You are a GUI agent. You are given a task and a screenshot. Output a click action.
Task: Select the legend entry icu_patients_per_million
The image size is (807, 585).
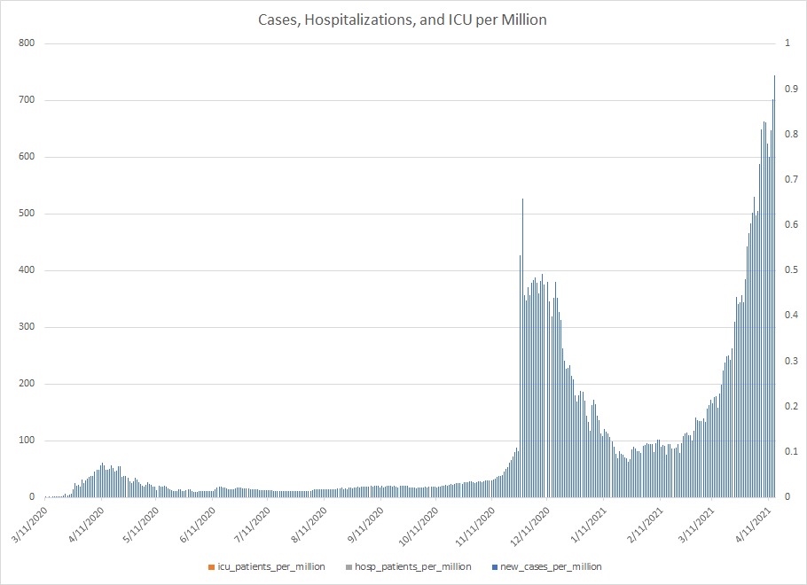point(270,566)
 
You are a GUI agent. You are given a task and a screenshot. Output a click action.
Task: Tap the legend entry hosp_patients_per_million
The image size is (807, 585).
point(410,566)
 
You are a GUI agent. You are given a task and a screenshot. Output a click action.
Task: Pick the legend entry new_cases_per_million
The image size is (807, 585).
point(551,566)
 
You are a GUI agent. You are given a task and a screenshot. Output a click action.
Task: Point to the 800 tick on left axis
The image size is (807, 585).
point(27,43)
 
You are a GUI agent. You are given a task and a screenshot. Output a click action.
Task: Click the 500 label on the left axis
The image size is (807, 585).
point(27,214)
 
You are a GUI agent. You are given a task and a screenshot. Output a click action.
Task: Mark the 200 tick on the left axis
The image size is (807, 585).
point(27,384)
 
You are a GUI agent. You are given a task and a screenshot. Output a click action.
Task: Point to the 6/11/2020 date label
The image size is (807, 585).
point(197,523)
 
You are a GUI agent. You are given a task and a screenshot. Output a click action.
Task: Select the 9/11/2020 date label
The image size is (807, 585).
point(365,523)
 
